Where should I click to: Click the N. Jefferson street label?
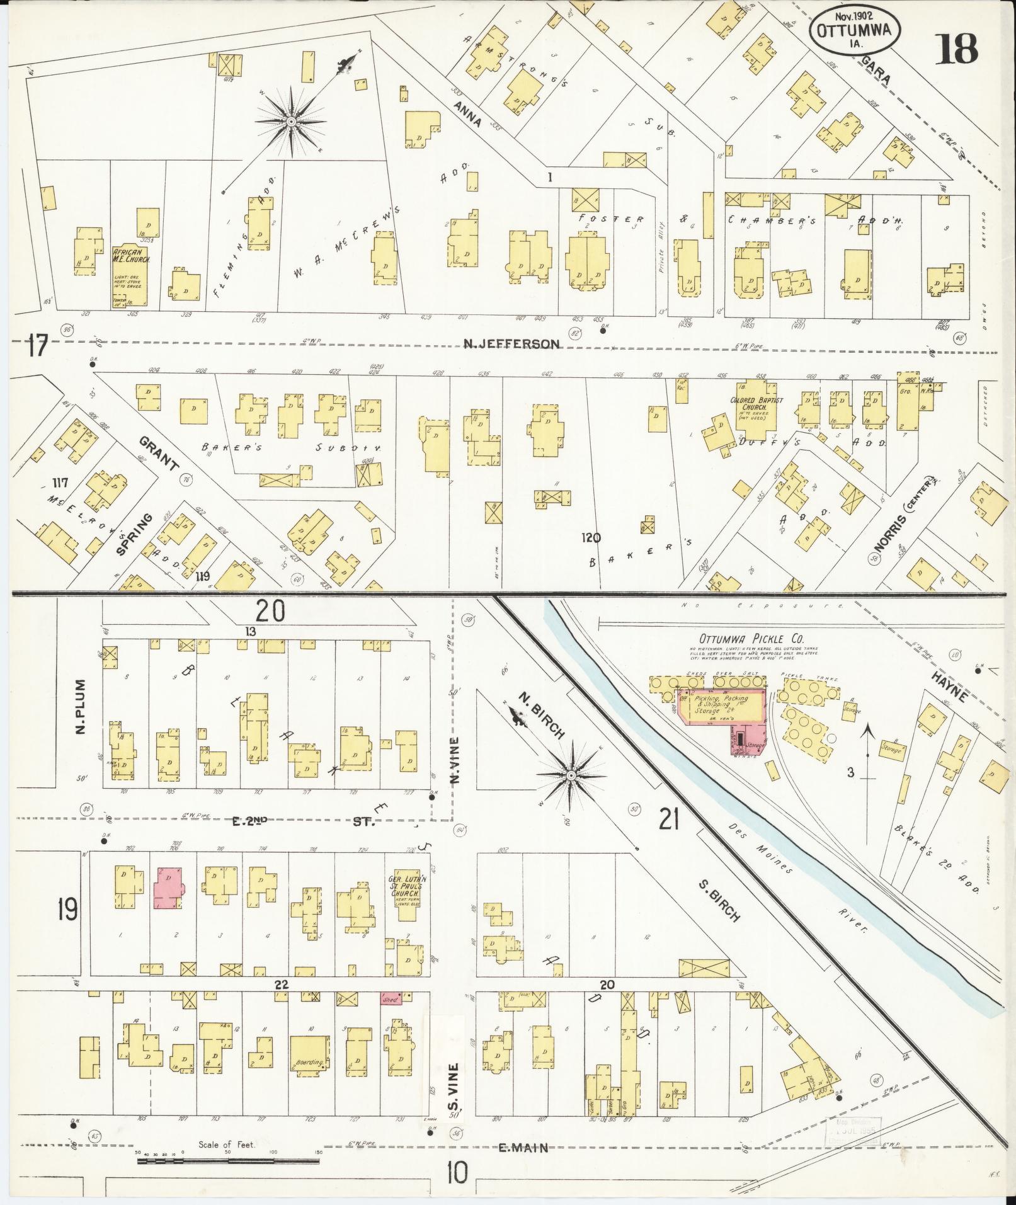point(511,344)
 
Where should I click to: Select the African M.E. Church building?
point(130,277)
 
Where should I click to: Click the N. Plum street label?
point(79,716)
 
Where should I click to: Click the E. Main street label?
point(522,1148)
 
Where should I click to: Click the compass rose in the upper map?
point(291,121)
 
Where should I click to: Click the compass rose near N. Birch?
point(569,775)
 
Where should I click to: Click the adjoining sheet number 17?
point(38,346)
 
